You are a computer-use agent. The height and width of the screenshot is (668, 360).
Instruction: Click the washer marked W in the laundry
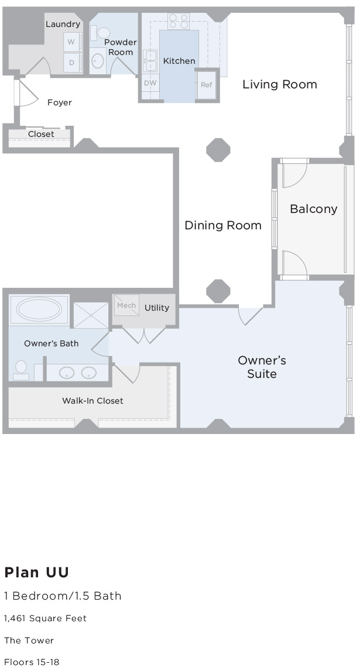[x=72, y=42]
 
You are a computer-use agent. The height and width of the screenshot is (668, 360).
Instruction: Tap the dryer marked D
[x=72, y=62]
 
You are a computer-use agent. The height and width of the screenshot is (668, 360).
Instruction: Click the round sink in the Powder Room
[x=98, y=61]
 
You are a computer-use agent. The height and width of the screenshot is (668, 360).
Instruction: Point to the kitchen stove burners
[x=179, y=21]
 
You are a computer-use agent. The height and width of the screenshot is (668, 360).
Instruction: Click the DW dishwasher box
[x=150, y=82]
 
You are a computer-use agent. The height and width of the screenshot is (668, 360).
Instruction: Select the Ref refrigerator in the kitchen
[x=206, y=85]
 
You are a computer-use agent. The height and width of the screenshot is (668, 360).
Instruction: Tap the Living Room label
[x=280, y=84]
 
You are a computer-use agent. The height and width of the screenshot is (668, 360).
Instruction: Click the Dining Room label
[x=223, y=225]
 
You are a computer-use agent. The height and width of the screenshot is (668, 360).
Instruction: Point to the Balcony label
[x=314, y=209]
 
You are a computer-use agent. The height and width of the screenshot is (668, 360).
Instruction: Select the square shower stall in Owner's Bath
[x=91, y=315]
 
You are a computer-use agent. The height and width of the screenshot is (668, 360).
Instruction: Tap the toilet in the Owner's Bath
[x=21, y=370]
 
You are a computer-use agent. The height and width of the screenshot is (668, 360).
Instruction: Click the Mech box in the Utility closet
[x=126, y=305]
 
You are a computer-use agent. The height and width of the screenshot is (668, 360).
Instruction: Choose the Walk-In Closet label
[x=92, y=401]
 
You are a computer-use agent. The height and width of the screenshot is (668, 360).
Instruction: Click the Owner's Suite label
[x=262, y=367]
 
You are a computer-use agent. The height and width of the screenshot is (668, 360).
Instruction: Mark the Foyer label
[x=59, y=102]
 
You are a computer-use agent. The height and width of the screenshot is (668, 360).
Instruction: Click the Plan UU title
[x=37, y=572]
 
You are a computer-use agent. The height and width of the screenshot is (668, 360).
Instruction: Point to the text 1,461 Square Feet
[x=45, y=618]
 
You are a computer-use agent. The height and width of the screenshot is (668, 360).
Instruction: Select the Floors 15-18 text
[x=32, y=662]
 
